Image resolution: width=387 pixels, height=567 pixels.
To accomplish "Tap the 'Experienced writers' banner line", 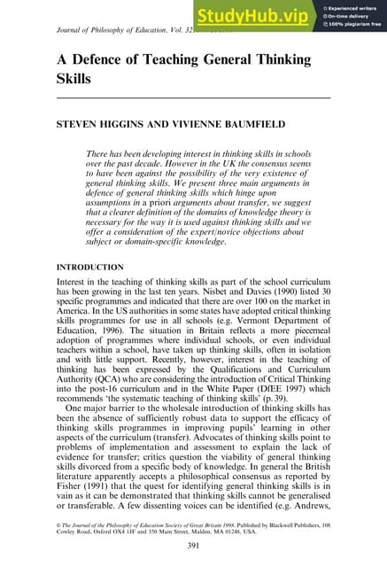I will point(351,5).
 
